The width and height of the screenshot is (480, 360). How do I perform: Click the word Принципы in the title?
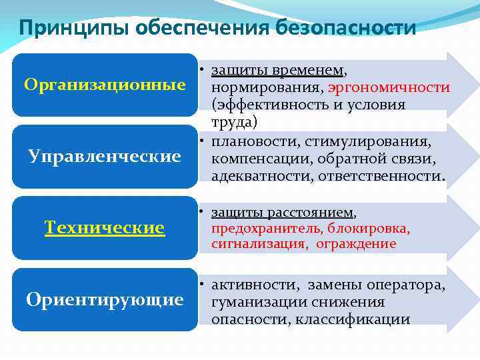tap(74, 28)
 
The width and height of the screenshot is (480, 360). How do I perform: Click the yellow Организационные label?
tap(105, 85)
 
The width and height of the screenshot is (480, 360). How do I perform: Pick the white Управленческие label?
tap(105, 157)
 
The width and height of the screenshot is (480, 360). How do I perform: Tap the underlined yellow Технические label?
tap(105, 228)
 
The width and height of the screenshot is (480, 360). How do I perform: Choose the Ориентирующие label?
tap(105, 300)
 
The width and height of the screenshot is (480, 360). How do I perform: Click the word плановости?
tap(253, 141)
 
